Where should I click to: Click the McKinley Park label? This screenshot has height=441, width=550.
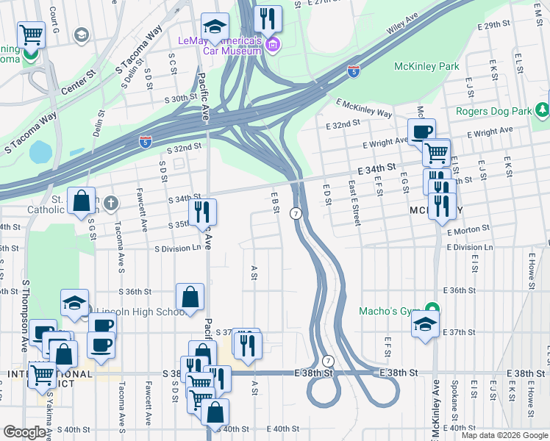tap(426, 67)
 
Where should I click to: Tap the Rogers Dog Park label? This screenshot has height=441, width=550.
tap(493, 112)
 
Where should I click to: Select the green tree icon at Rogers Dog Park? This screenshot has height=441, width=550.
tap(542, 110)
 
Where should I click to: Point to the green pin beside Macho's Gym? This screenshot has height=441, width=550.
tap(433, 309)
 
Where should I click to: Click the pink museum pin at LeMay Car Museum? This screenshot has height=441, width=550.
tap(273, 46)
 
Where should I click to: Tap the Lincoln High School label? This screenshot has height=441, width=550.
tap(140, 312)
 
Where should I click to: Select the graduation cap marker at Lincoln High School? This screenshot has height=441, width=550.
tap(74, 302)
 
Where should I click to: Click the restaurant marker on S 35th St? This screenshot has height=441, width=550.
tap(202, 212)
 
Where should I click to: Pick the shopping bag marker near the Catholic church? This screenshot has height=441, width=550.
tap(82, 200)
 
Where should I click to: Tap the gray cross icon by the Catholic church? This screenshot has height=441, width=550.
tap(111, 202)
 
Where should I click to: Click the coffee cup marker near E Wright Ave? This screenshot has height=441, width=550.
tap(421, 132)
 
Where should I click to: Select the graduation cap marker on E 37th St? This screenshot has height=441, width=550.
tap(426, 323)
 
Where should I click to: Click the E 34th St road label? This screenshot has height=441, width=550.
tap(376, 169)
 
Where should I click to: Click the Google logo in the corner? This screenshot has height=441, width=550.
tap(24, 432)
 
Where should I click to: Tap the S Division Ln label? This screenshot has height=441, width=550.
tap(177, 248)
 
